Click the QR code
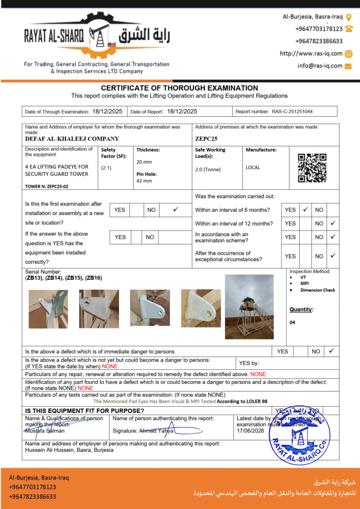coord(312,168)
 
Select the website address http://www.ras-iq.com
coord(311,54)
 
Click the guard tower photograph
coord(249,307)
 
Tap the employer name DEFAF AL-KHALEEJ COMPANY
coord(72,139)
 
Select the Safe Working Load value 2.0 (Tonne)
coord(208,170)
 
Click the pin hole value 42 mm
coord(144,181)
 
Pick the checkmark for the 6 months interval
coord(306,210)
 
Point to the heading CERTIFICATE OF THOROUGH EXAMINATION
coord(180,88)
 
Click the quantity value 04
coord(292,322)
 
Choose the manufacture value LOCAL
coord(253,168)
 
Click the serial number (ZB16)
coord(93,278)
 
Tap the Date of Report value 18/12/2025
coord(182,111)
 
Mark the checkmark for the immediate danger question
coord(332,351)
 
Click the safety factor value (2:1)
coord(106,168)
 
